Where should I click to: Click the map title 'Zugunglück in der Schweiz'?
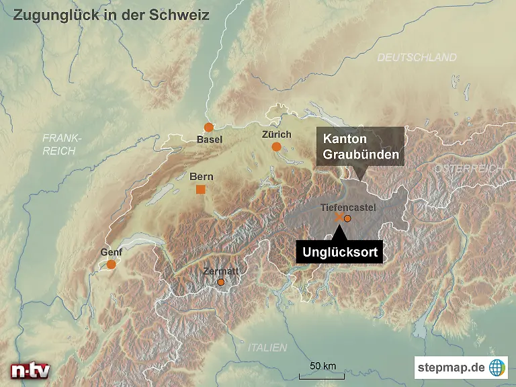point(111,15)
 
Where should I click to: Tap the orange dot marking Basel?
point(209,127)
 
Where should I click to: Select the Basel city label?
point(210,140)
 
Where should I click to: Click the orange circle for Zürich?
point(276,146)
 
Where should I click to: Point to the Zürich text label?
point(276,134)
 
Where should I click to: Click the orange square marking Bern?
point(200,189)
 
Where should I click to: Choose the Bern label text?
point(202,177)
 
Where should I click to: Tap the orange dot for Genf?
point(111,265)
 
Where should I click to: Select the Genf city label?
point(111,253)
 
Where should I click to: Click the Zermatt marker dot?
point(220,283)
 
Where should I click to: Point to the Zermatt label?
point(221,271)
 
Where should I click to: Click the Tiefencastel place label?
point(348,208)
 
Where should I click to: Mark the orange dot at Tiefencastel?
point(347,218)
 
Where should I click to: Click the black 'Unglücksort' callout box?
point(339,253)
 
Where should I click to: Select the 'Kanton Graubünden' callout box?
point(361,146)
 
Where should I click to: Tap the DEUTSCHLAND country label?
point(417,58)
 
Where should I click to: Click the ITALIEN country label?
point(267,347)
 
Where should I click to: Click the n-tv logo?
point(30,370)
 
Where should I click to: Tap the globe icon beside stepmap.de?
point(497,368)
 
